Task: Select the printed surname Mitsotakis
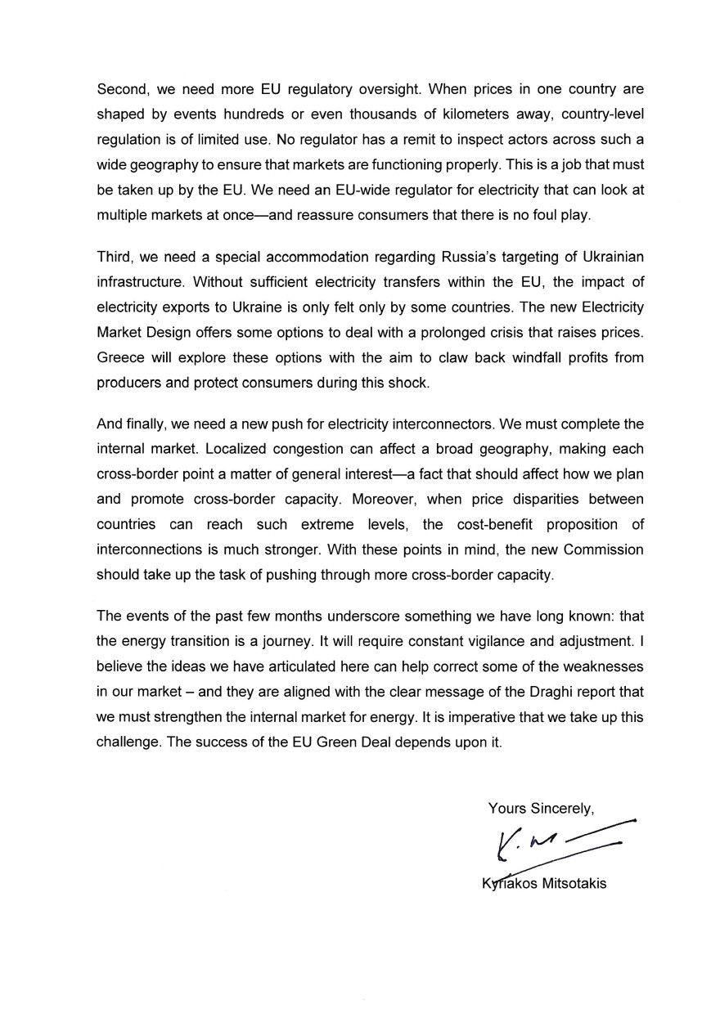pos(569,884)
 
